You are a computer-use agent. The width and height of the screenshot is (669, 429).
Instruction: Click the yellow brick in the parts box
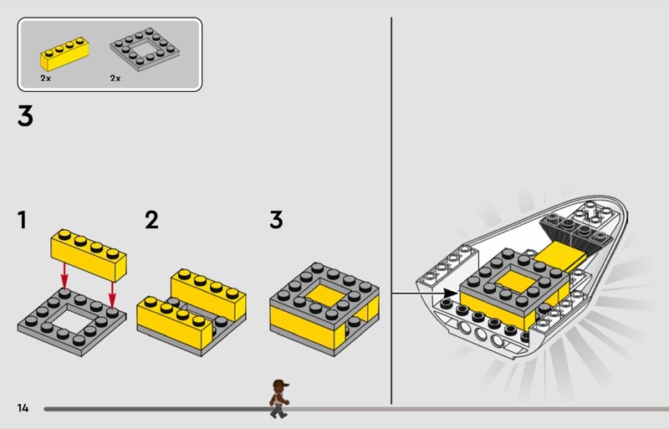(65, 54)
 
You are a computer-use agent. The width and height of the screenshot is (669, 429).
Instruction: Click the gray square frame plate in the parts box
(145, 49)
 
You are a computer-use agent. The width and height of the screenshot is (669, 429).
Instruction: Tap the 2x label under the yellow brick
(46, 78)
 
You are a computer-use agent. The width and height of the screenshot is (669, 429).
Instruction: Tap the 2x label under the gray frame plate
(115, 78)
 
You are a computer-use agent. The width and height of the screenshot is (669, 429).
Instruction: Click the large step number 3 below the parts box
(25, 116)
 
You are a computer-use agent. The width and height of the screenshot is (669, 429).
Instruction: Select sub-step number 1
(23, 220)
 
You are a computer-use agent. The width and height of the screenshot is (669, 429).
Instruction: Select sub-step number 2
(151, 220)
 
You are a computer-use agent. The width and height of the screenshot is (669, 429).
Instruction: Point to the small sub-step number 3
(276, 220)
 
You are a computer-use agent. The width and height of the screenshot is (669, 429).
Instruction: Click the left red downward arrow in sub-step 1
(64, 276)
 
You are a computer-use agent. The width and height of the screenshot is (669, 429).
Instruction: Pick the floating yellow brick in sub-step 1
(89, 255)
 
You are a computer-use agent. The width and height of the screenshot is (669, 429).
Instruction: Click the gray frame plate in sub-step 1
(72, 321)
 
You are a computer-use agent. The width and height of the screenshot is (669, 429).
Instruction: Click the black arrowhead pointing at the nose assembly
(451, 294)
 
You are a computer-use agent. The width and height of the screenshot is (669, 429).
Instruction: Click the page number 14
(23, 408)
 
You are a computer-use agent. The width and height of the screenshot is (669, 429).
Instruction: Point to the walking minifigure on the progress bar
(279, 399)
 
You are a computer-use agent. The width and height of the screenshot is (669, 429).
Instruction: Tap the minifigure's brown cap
(280, 383)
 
